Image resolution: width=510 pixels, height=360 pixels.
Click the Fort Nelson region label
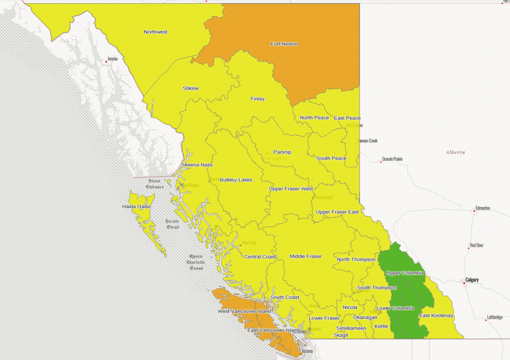point(284,44)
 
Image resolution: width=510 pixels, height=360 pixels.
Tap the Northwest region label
point(155,32)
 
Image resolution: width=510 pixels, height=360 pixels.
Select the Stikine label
point(191,88)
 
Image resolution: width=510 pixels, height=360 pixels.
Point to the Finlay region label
point(257,99)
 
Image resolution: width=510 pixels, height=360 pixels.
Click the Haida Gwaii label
point(136,207)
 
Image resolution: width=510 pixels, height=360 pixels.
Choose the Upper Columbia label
point(405,273)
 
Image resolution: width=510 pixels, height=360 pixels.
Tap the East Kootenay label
point(436,315)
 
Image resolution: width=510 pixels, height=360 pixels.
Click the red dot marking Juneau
point(106,62)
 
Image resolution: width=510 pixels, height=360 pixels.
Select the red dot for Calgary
point(464,283)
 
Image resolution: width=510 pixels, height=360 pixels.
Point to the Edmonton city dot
point(474,211)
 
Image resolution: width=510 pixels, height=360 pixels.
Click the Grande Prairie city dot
point(381,162)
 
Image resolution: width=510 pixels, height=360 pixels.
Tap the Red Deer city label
point(477,246)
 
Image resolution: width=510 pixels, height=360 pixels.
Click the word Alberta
point(455,152)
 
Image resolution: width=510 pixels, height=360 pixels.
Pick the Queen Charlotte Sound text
point(196,262)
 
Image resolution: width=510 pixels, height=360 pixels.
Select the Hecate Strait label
point(172,224)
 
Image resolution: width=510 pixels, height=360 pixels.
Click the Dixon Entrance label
point(154,184)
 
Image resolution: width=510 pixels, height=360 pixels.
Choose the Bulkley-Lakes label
point(236,180)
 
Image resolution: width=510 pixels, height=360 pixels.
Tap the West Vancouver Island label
point(244,312)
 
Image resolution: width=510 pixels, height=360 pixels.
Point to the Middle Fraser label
point(305,256)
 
